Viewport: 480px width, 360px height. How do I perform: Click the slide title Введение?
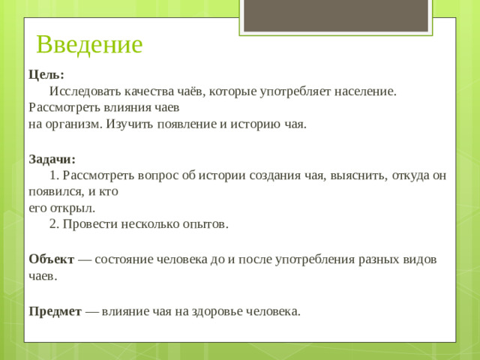[89, 45]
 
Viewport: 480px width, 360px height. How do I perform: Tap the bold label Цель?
[46, 75]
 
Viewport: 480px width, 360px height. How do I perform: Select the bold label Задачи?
[52, 159]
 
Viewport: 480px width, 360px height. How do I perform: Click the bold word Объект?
[52, 259]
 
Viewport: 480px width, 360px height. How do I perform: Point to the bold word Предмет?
[55, 311]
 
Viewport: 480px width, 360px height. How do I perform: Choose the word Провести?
[88, 224]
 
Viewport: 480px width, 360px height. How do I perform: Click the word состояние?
[123, 259]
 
